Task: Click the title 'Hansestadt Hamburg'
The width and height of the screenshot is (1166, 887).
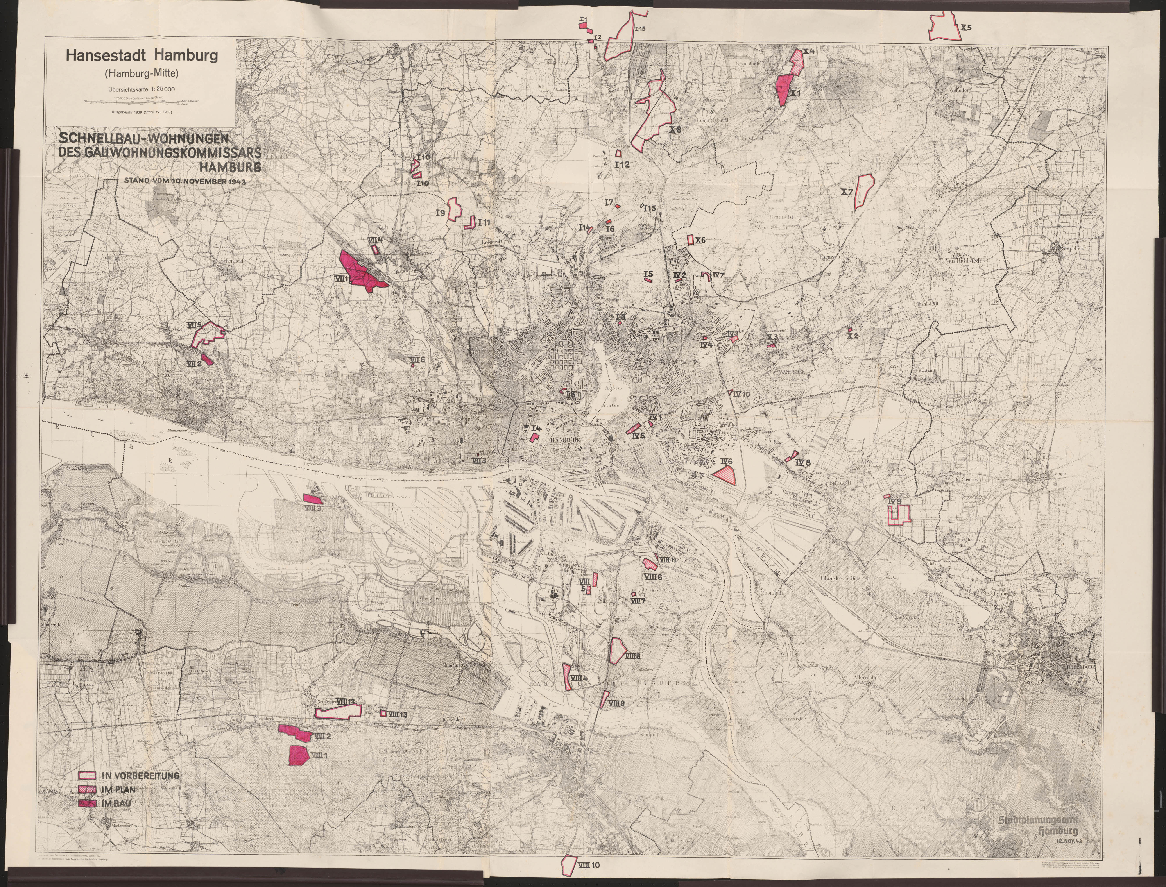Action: click(x=141, y=55)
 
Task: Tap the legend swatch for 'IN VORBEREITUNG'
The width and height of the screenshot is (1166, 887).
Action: click(x=87, y=776)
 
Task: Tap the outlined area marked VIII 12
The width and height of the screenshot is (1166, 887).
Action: click(x=338, y=712)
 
